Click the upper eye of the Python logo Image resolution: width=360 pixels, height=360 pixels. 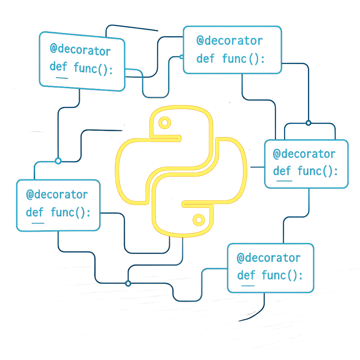(165, 123)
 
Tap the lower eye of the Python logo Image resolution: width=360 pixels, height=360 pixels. (199, 220)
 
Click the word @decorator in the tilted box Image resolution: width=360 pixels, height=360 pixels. (81, 50)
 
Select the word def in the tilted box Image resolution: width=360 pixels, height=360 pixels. (58, 66)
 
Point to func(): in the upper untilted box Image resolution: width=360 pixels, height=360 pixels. (243, 59)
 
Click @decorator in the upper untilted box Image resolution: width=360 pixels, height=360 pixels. (230, 41)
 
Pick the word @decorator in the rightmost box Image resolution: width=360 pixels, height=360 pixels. (304, 154)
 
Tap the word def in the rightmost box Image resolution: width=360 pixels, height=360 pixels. (282, 171)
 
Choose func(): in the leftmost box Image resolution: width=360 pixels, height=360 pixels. (70, 212)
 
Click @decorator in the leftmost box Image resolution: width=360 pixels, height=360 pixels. (57, 195)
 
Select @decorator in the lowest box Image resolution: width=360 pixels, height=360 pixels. (269, 258)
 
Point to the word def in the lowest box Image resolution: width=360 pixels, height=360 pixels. (246, 275)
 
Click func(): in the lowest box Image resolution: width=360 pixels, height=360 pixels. (282, 275)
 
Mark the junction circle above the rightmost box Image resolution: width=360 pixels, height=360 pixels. (309, 123)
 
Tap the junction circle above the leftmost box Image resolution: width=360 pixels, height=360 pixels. (58, 161)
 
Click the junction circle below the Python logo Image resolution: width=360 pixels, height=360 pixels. (128, 284)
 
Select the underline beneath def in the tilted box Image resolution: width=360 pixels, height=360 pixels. (62, 78)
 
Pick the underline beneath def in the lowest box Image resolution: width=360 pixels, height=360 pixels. (248, 286)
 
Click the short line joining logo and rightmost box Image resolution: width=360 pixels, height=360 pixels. (257, 167)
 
